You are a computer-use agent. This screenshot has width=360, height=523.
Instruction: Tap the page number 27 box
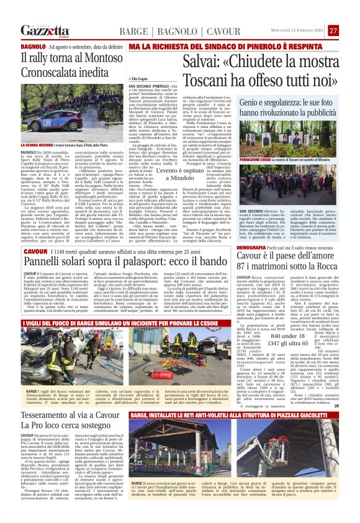(x=333, y=30)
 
